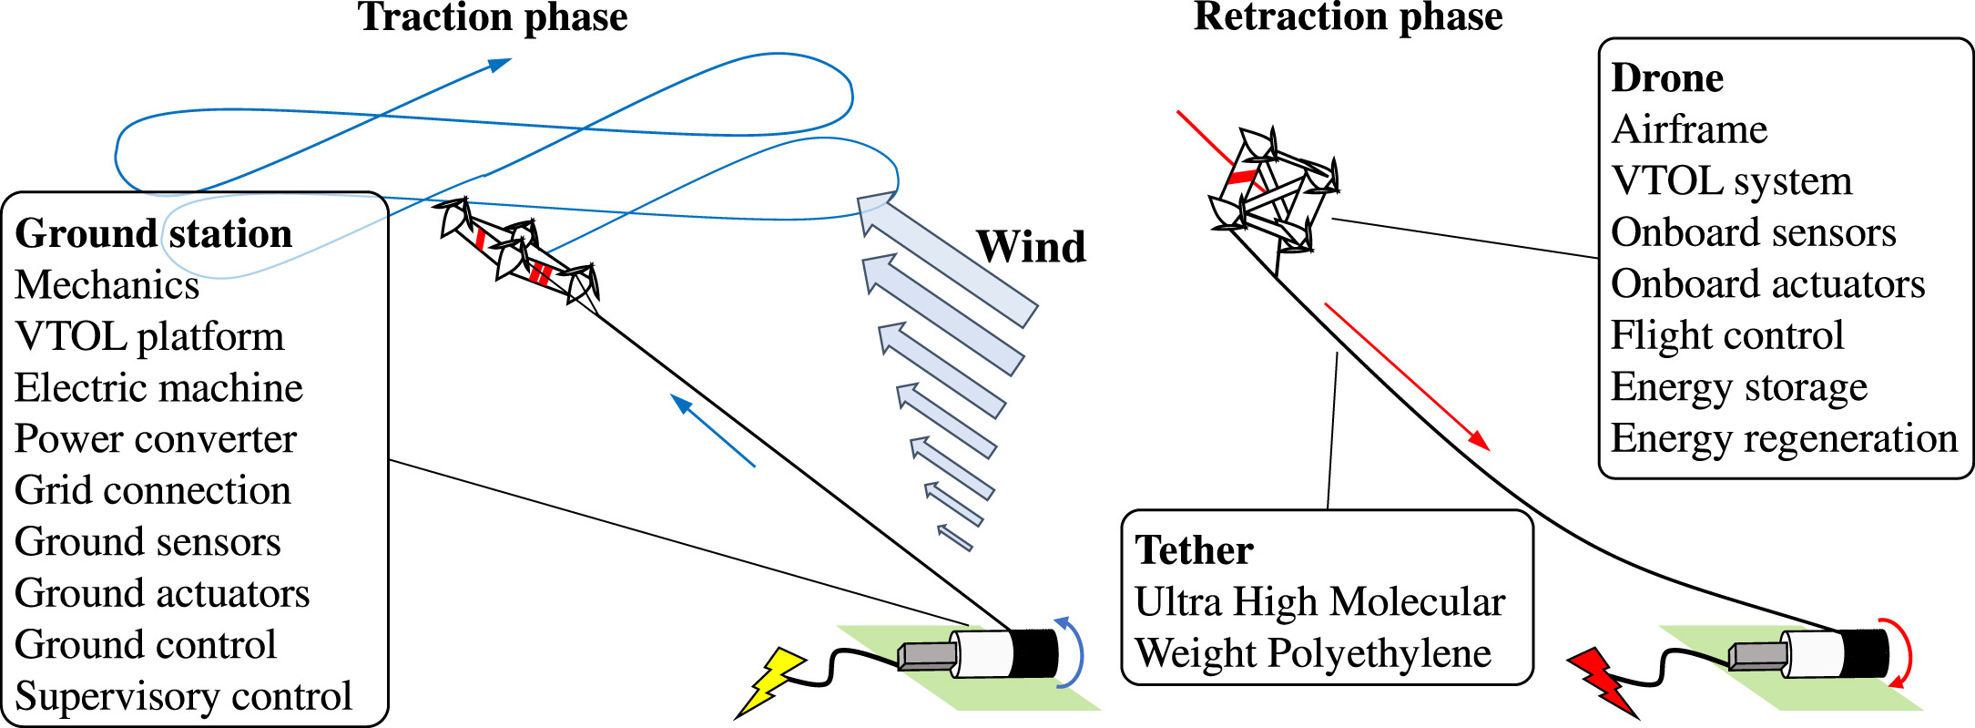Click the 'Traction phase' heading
[x=493, y=17]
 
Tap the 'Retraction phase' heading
[x=1348, y=17]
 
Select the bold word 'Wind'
[x=1031, y=246]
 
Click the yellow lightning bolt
[x=771, y=681]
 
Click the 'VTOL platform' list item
[x=149, y=337]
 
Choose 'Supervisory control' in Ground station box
[x=183, y=696]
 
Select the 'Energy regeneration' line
[x=1783, y=439]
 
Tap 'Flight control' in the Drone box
[x=1726, y=335]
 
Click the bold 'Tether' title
[x=1194, y=550]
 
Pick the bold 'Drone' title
[x=1666, y=78]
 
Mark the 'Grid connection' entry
[x=153, y=491]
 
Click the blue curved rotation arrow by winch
[x=1074, y=651]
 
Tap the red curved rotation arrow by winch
[x=1903, y=651]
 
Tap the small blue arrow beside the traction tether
[x=712, y=430]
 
